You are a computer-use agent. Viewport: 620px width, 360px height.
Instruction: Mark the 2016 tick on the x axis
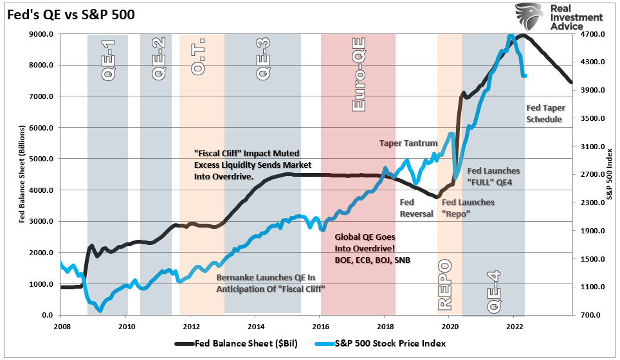(320, 326)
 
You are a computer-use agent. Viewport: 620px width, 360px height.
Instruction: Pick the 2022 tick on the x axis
(515, 326)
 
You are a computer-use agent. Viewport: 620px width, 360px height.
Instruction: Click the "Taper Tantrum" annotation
(408, 143)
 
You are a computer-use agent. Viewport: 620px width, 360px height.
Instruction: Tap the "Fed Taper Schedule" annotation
(544, 114)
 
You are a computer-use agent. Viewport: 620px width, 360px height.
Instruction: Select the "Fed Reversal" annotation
(417, 208)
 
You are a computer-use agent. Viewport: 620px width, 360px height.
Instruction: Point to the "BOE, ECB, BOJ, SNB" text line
(372, 260)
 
